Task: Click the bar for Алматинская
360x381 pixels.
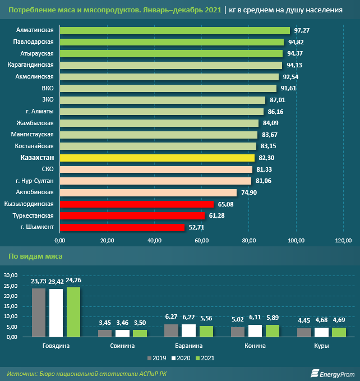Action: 174,30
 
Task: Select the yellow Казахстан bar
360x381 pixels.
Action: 157,158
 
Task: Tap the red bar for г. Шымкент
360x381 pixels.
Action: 122,227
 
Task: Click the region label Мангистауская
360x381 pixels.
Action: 33,135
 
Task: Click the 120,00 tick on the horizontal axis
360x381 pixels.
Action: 343,241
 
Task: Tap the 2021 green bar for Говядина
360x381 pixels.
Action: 73,311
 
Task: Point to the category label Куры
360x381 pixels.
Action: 322,346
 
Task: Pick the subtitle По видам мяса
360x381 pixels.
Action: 35,256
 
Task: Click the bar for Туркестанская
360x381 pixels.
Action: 132,215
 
